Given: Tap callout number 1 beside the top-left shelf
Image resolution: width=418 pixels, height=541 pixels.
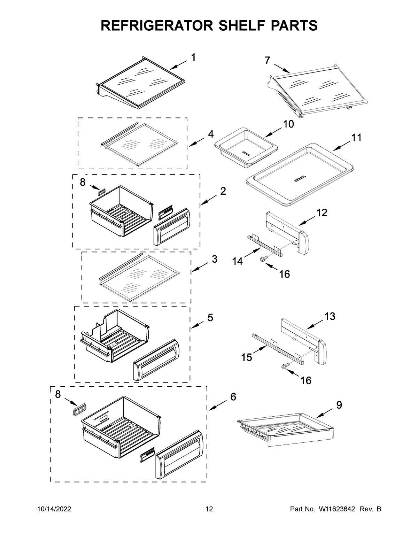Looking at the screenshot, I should (x=193, y=57).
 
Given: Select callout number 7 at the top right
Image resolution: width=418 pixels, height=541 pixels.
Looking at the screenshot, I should (x=267, y=60).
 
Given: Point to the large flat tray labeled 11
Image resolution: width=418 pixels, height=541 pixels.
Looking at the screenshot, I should (x=300, y=174).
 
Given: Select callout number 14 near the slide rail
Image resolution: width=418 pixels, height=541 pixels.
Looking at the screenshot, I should (x=238, y=261).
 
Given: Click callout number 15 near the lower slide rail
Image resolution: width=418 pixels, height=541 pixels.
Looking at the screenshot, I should (x=247, y=357).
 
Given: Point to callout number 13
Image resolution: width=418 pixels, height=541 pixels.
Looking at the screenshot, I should (x=330, y=316).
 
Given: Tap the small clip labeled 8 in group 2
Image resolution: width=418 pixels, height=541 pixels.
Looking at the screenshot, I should (x=102, y=192).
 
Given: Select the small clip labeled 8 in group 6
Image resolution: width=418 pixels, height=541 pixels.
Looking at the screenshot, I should (x=79, y=409).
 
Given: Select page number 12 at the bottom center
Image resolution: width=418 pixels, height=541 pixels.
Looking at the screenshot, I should (x=209, y=509).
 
